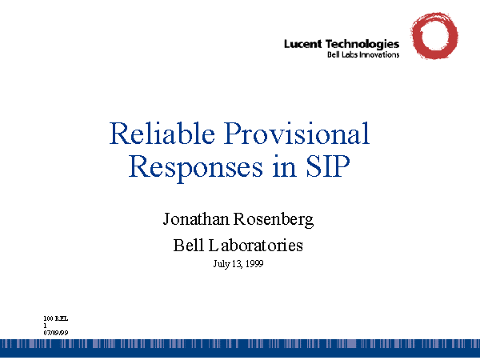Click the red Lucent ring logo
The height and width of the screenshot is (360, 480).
click(x=434, y=37)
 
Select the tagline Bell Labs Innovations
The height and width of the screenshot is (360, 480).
click(x=363, y=55)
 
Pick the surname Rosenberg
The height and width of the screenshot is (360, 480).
click(x=272, y=218)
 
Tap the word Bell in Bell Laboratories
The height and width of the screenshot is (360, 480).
click(x=189, y=245)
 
